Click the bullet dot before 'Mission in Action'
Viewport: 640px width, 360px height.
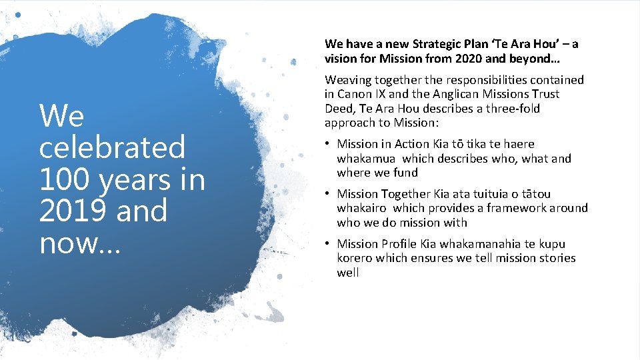pos(328,144)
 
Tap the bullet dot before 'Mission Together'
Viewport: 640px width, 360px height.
pos(328,194)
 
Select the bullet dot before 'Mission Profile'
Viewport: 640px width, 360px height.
pos(328,244)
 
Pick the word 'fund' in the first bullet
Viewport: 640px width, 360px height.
pos(407,173)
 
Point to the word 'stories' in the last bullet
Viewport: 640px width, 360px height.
pos(555,258)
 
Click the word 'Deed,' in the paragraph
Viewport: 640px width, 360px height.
pos(340,109)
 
